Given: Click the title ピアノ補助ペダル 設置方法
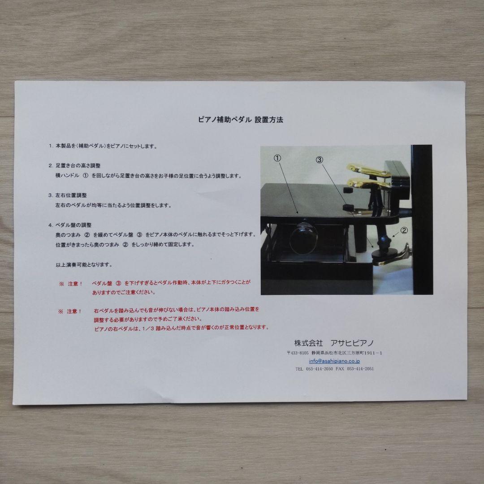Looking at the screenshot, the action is [241, 120].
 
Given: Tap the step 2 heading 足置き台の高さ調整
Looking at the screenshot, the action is [78, 166].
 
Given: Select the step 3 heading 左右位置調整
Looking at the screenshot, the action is [71, 195].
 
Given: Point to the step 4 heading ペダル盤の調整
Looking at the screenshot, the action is [73, 225].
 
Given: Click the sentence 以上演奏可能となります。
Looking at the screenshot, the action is [84, 264].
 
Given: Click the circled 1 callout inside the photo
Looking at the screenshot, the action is [277, 158].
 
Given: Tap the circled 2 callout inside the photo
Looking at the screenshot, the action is [404, 230].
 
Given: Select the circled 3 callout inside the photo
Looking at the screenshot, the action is [319, 160].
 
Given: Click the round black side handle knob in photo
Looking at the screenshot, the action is [303, 238].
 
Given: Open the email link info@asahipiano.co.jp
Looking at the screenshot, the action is [334, 361].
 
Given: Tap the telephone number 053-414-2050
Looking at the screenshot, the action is [320, 368].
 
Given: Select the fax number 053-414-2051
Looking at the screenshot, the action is [360, 368].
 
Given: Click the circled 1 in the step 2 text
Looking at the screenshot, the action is [86, 175].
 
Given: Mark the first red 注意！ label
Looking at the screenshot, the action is [75, 283].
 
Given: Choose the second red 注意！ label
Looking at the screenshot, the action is [74, 311].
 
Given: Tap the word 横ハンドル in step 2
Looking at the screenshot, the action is [67, 176].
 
